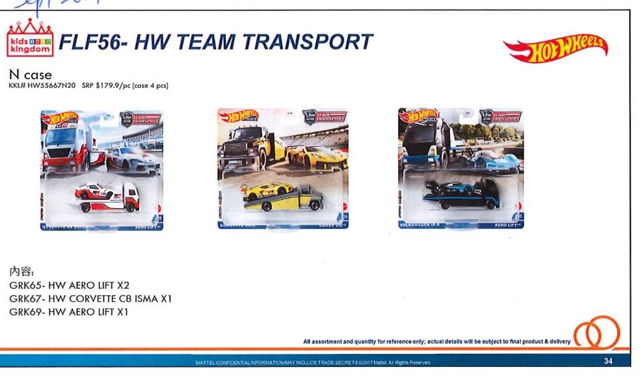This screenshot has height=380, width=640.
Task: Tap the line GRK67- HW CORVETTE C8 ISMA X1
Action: coord(94,298)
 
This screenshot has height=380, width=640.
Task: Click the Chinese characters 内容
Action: coord(21,271)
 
